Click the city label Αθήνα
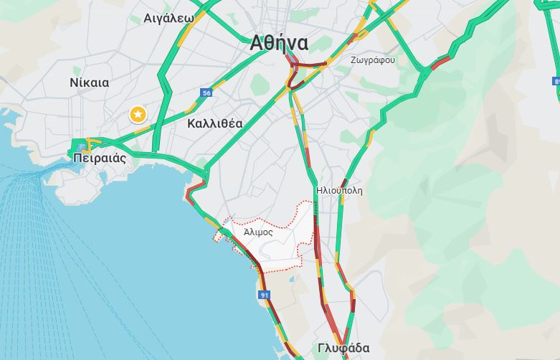point(280,43)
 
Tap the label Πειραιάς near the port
point(99,158)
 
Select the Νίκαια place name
point(90,82)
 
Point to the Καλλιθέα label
point(214,123)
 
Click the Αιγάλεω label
point(169,18)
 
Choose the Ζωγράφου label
point(372,60)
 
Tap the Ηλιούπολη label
point(339,191)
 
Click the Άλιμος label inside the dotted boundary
point(258,232)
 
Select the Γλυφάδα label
point(343,349)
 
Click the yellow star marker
point(136,114)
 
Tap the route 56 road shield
point(207,93)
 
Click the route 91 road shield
point(265,295)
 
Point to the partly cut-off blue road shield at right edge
point(556,82)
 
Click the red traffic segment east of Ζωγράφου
point(440,63)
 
